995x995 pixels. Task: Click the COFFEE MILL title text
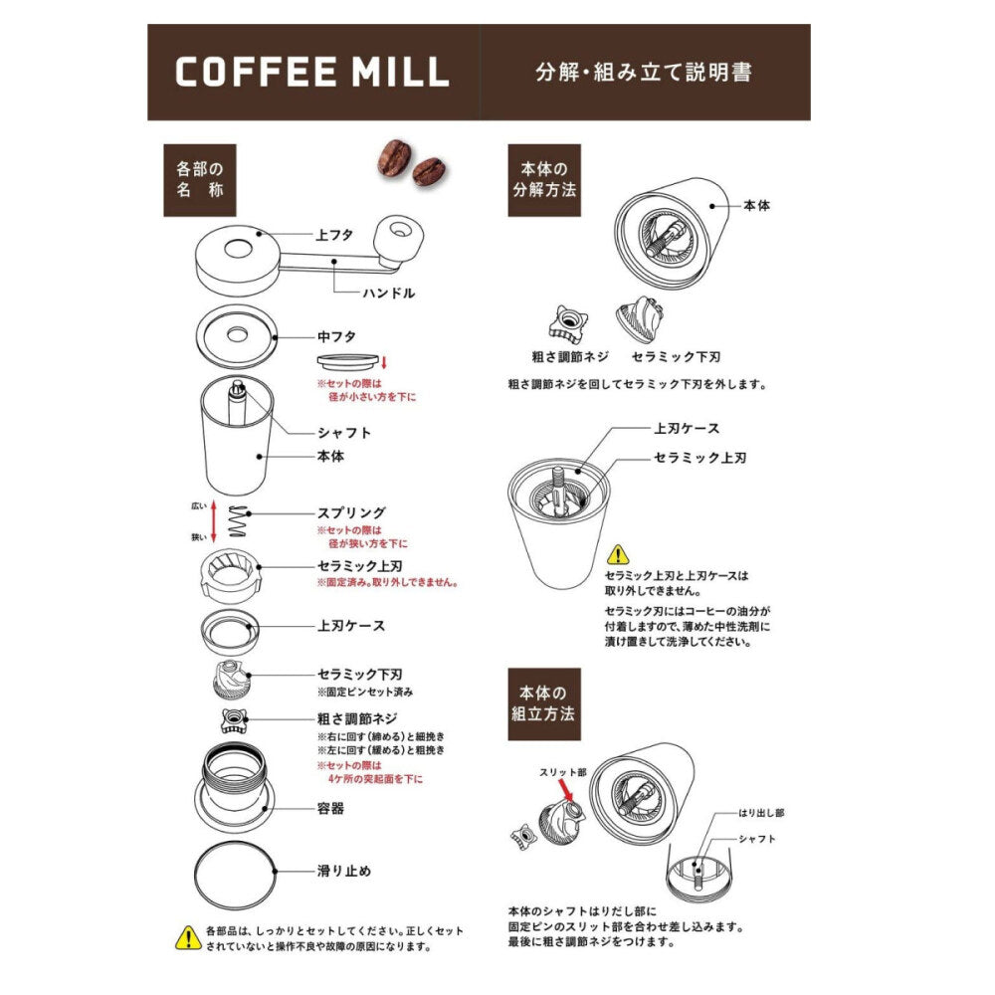311,72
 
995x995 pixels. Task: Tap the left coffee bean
394,158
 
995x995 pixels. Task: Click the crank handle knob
398,239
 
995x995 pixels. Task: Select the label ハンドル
388,294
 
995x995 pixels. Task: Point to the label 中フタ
336,337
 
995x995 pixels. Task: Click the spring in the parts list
238,521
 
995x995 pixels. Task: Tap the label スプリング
351,512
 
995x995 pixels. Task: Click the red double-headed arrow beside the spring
214,521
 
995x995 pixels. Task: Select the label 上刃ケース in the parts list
351,626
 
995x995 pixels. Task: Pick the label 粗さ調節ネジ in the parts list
357,719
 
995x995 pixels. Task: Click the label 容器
330,808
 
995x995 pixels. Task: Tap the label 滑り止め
344,871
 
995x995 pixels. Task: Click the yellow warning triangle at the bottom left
188,938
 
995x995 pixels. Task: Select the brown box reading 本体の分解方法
544,180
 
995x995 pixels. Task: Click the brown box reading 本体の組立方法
544,704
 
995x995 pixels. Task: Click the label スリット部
563,772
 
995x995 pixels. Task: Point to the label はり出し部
761,813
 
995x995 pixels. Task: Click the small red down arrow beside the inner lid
384,362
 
